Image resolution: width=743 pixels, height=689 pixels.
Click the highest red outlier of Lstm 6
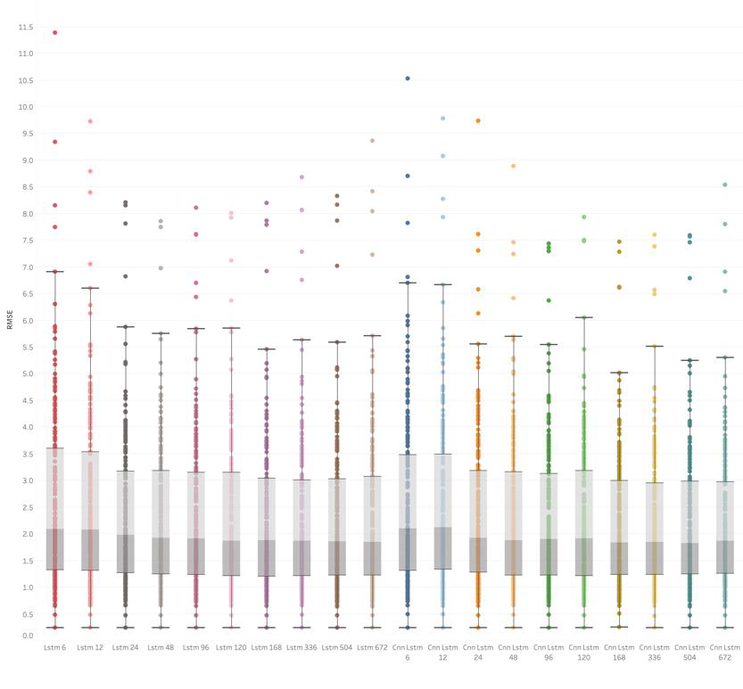54,33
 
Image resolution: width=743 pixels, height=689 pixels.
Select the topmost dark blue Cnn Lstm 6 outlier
408,78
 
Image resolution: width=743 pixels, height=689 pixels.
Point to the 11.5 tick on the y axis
25,28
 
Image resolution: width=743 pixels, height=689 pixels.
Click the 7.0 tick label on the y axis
26,267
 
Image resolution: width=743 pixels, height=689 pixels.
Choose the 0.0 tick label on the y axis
26,636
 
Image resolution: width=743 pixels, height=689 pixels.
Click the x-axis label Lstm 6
54,647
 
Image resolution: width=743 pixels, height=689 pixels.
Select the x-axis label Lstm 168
266,647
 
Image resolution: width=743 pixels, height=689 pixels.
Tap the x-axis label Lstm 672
373,647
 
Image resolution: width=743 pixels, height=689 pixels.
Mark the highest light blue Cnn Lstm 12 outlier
442,119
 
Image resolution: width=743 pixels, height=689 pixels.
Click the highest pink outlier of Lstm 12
89,121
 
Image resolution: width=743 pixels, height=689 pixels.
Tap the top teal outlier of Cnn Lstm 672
725,185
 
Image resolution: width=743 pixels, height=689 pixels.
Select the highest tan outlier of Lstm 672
373,141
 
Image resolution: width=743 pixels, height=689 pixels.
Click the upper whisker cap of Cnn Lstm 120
583,317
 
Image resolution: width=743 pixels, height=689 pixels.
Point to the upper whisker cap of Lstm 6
54,272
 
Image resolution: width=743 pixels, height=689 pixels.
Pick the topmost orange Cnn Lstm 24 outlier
478,120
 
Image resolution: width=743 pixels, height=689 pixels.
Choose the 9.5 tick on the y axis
25,134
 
